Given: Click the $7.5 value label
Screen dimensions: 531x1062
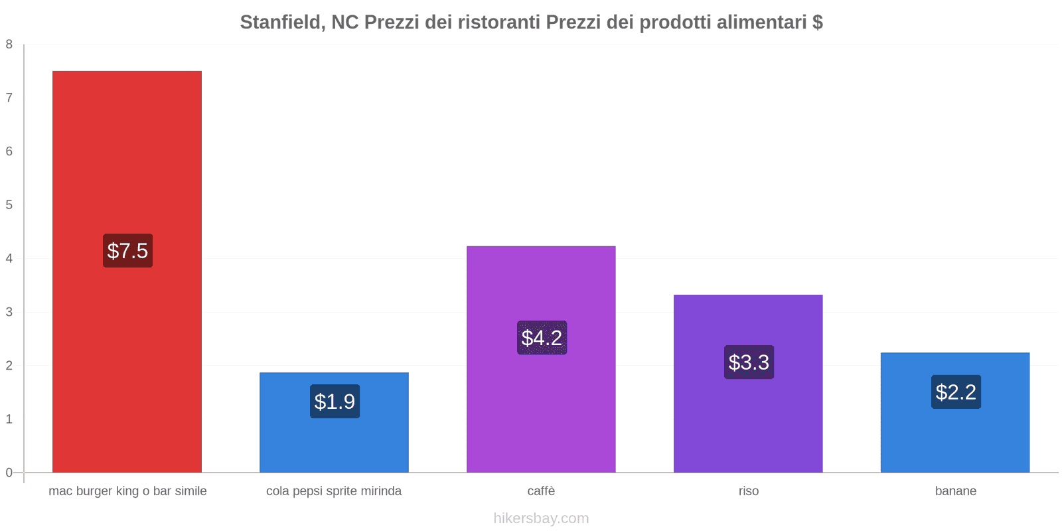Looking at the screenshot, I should point(127,251).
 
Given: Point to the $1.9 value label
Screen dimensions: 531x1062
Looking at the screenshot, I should point(335,402).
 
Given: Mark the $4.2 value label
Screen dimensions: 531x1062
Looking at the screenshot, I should point(542,338).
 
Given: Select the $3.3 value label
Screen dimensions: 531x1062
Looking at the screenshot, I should point(749,362).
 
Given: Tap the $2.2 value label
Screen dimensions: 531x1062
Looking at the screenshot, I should point(956,392).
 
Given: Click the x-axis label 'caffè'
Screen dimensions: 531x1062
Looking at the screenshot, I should point(541,491).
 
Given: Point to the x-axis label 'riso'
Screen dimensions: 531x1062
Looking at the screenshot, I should point(748,491).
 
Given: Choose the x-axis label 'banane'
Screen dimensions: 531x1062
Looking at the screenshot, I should point(955,491).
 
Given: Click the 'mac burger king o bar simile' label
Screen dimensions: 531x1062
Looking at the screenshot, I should point(127,491).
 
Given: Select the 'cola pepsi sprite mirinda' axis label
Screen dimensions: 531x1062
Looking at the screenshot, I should point(334,491).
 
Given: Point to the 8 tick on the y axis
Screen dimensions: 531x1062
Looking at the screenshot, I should point(9,44).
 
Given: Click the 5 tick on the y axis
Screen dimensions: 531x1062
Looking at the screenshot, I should point(9,205).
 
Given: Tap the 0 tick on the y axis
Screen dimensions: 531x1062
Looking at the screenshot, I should point(9,473).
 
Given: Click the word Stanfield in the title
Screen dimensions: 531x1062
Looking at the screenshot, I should point(279,23).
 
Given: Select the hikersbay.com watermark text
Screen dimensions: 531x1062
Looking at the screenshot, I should point(541,518).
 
